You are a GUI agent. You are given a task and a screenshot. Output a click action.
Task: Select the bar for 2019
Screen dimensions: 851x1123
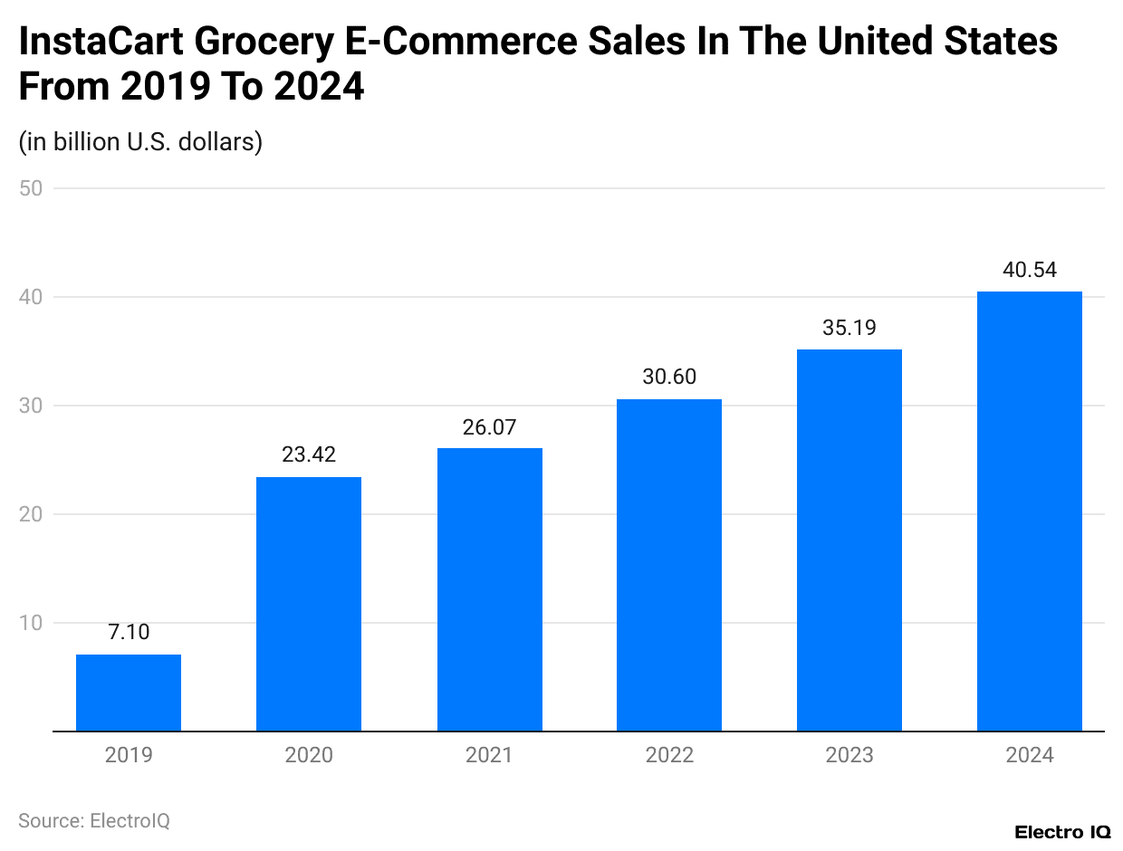pos(129,693)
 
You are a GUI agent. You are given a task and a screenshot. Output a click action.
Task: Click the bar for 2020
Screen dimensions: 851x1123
pos(309,604)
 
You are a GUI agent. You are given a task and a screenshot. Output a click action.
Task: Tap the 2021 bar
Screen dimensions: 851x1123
pos(489,589)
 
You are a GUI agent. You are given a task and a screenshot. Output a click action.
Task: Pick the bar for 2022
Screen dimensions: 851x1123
pos(669,565)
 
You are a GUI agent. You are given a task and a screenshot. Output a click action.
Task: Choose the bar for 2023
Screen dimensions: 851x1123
pos(849,540)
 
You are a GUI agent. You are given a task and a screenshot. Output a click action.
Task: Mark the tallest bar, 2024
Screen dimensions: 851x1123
pos(1030,512)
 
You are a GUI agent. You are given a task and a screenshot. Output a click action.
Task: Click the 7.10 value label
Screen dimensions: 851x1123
pos(129,632)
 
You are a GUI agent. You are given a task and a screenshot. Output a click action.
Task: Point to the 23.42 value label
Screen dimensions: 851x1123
pos(309,454)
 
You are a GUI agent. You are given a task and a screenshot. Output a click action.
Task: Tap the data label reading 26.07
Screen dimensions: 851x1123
pos(489,426)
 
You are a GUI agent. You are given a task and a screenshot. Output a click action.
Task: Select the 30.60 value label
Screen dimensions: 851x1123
pos(669,377)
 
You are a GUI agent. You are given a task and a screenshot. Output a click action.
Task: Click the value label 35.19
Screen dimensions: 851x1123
pos(849,328)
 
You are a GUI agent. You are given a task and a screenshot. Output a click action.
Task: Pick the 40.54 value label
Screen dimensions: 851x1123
pos(1030,270)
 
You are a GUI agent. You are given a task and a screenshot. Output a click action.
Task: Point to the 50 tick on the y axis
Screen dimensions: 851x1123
pos(32,188)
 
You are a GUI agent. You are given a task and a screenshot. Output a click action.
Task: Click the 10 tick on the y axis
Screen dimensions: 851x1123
pos(32,623)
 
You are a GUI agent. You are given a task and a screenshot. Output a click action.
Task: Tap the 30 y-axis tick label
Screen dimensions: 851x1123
pos(32,406)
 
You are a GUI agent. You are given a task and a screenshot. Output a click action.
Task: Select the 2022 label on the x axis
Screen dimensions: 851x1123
pos(669,755)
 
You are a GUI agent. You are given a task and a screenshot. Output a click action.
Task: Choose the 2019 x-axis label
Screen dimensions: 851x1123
pos(129,755)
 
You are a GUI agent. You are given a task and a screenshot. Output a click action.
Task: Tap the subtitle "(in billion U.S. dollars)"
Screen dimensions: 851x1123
pos(140,142)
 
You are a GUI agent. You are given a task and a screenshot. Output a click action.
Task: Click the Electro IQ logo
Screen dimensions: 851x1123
pos(1061,832)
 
